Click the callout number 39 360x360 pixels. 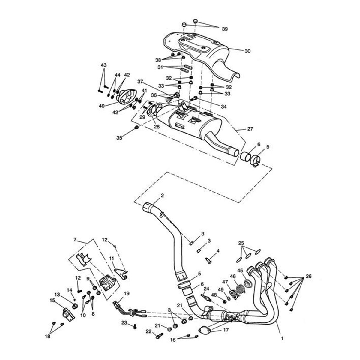coord(225,29)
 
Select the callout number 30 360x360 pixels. coord(247,51)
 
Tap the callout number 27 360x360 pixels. coord(250,129)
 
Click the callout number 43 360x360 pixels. coord(103,65)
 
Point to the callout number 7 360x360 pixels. coord(75,239)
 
